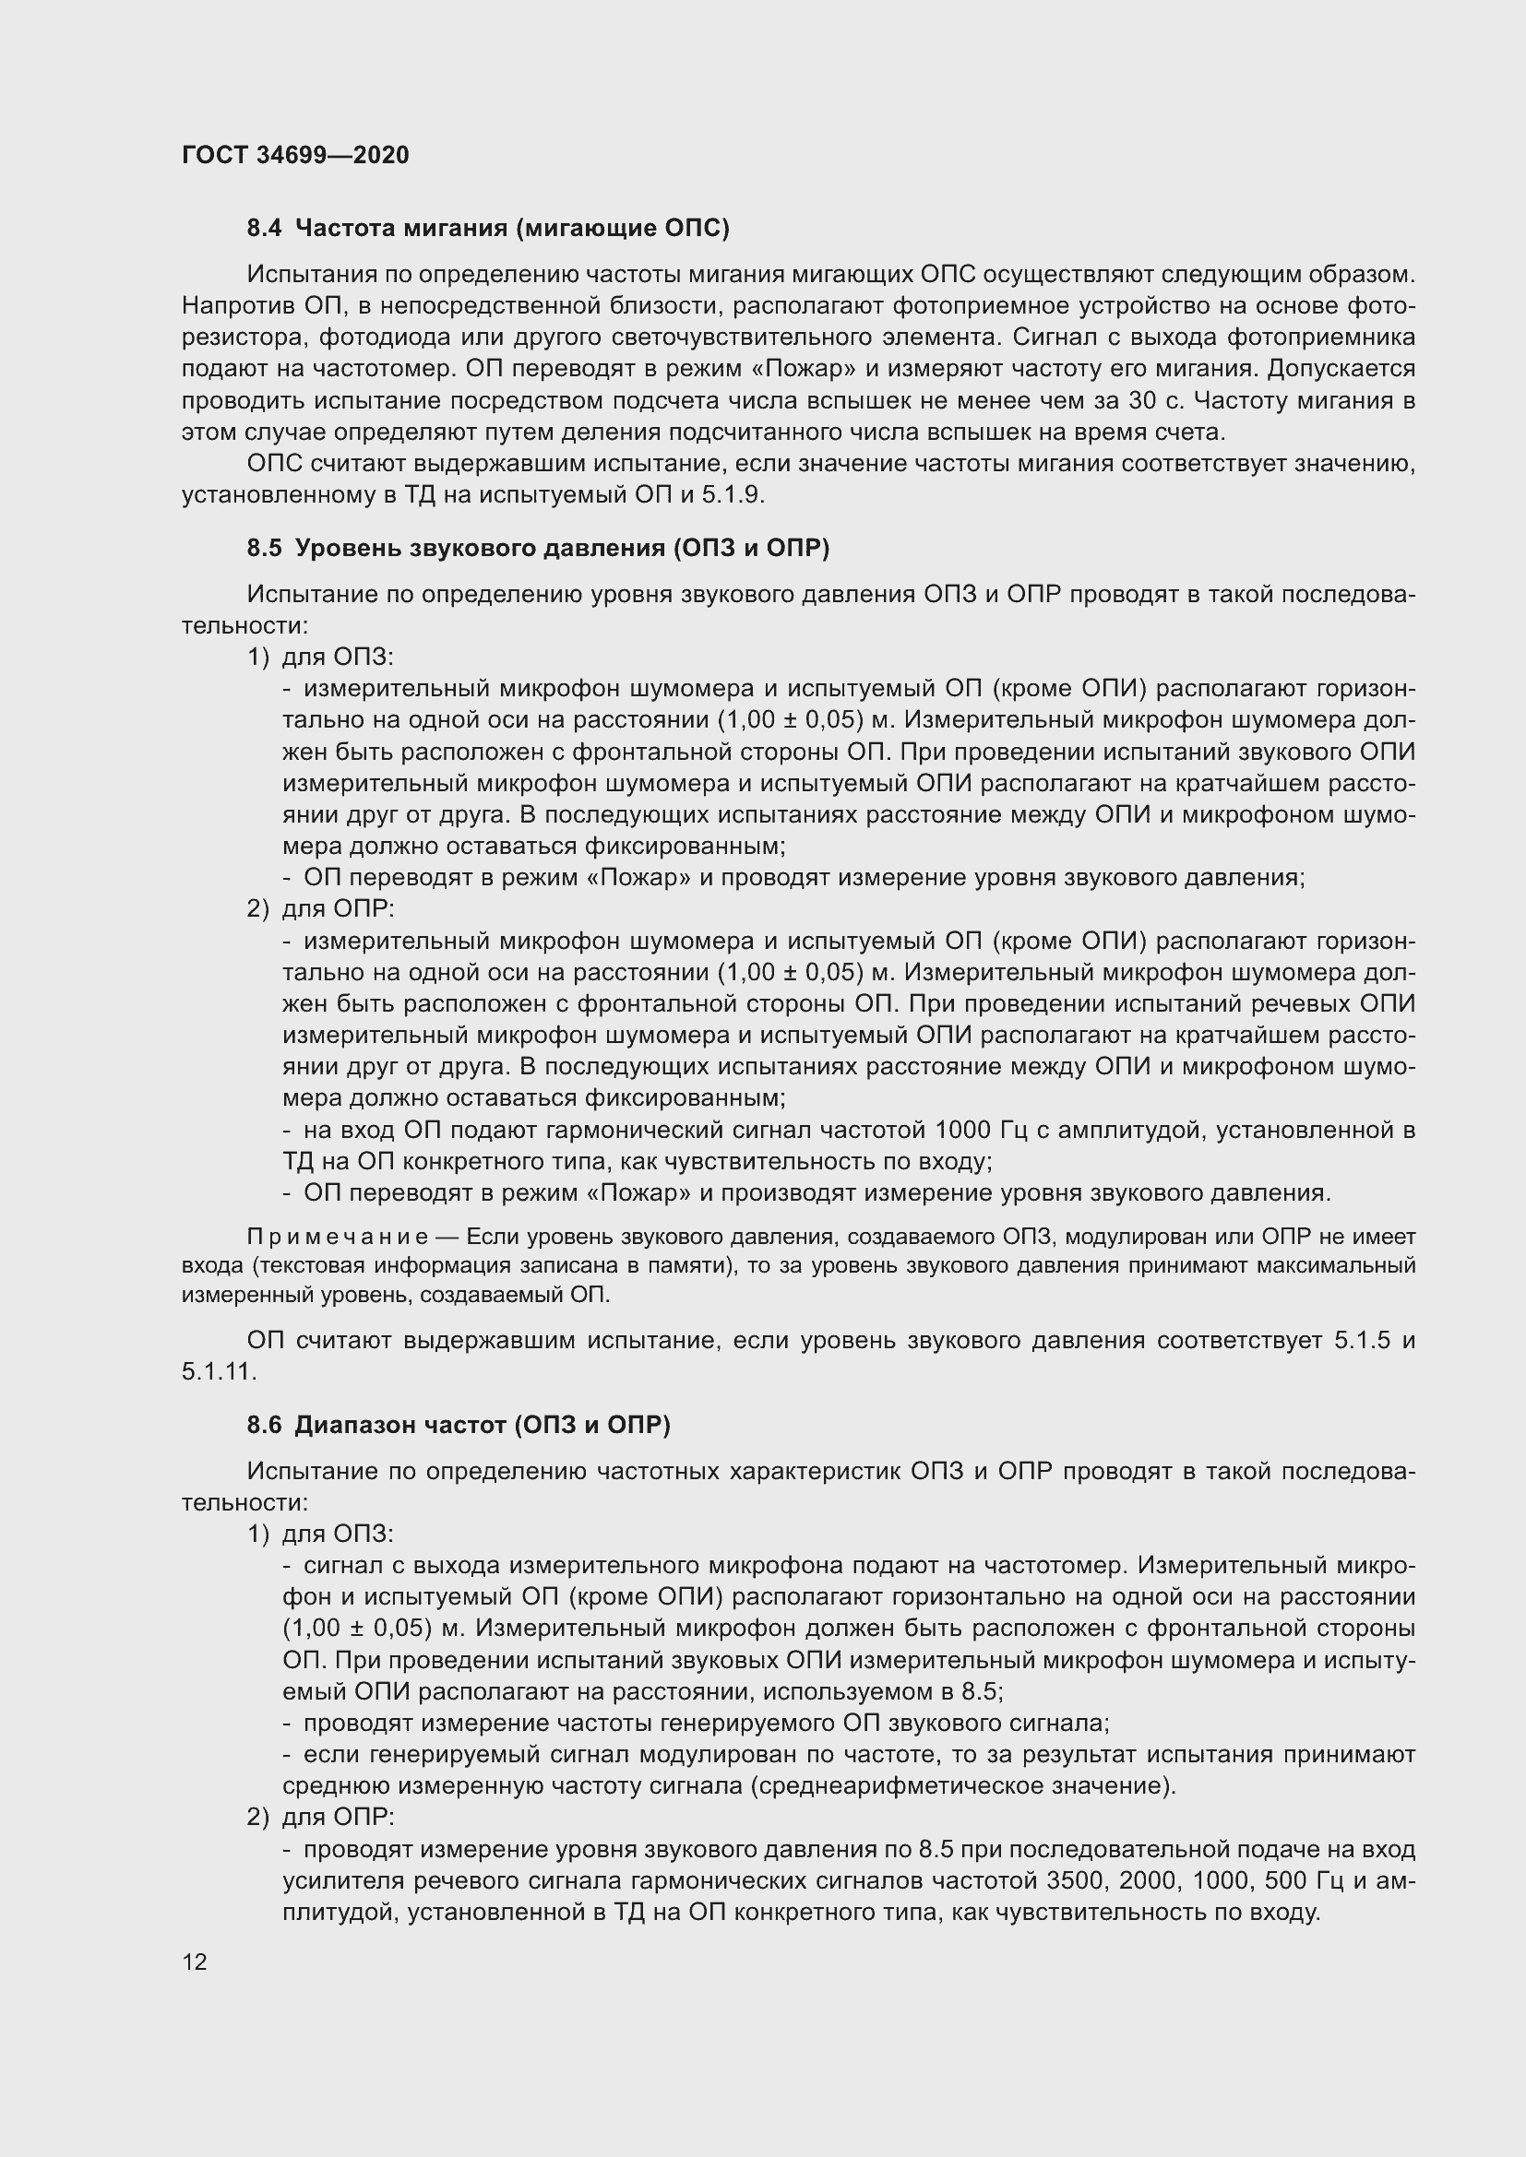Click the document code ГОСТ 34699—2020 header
point(295,155)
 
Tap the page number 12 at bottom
point(195,1961)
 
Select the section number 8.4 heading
point(264,229)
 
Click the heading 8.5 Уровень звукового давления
point(538,548)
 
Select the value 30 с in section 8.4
point(1157,400)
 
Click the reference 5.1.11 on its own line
point(218,1370)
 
